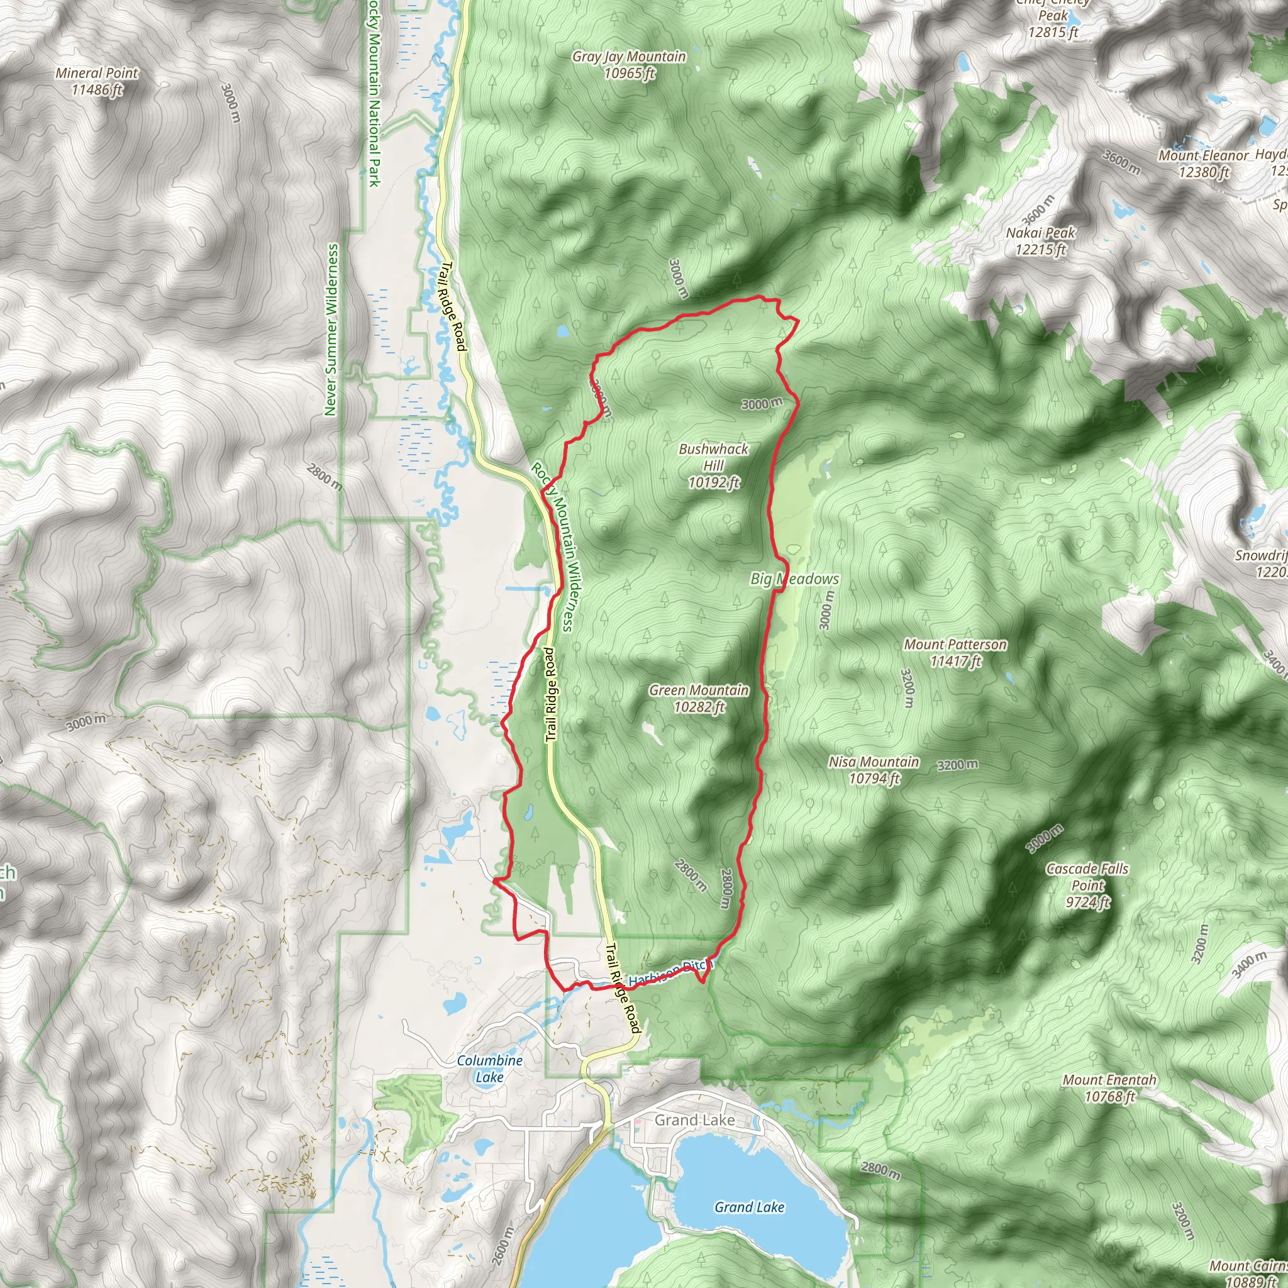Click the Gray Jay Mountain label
[x=629, y=65]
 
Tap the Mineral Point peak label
[x=97, y=80]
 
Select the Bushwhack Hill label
[x=713, y=465]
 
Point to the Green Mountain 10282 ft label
[x=699, y=698]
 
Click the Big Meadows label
[x=794, y=579]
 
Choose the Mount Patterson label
[x=955, y=652]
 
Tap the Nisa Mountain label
[x=874, y=769]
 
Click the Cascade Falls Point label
[x=1087, y=885]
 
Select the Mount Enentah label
[x=1109, y=1087]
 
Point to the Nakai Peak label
[x=1040, y=241]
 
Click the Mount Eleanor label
[x=1202, y=164]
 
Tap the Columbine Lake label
[x=489, y=1068]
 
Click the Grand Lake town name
[x=694, y=1120]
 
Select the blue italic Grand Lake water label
[x=748, y=1207]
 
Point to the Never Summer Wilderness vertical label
[x=331, y=330]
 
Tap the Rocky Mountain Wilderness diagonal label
[x=552, y=547]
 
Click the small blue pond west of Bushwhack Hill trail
[x=562, y=331]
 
